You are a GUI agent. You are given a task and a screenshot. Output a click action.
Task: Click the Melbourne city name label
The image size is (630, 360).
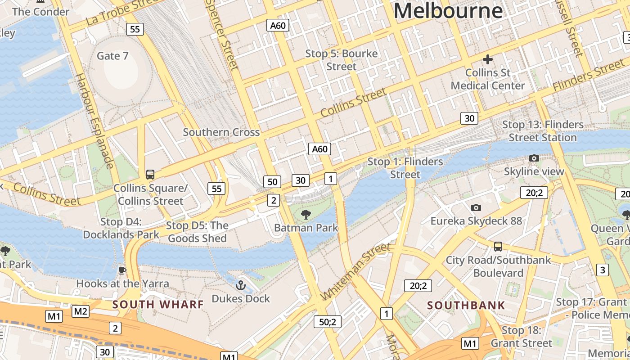click(448, 11)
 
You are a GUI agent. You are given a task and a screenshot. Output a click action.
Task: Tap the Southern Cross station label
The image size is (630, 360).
click(221, 132)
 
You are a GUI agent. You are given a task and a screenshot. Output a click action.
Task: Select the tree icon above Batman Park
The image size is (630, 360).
click(306, 215)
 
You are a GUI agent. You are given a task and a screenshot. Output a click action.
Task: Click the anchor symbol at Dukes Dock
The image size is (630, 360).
click(241, 285)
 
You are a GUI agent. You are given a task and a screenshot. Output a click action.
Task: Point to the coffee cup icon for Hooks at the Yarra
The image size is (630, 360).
click(122, 270)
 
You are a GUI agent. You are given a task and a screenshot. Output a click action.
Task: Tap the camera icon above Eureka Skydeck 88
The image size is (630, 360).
click(476, 207)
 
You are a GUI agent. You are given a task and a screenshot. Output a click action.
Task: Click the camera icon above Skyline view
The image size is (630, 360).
click(534, 158)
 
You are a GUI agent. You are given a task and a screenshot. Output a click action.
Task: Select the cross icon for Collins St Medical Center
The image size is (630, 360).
click(487, 59)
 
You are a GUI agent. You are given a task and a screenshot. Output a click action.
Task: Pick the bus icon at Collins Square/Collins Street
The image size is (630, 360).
click(150, 175)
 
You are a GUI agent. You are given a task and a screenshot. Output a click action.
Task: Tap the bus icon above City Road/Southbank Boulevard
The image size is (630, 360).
click(498, 247)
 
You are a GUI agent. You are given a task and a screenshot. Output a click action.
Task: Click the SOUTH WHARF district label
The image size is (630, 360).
click(158, 305)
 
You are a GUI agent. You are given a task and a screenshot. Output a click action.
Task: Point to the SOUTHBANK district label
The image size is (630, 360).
click(466, 306)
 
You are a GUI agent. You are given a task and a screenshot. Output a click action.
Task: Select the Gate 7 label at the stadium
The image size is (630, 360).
click(112, 56)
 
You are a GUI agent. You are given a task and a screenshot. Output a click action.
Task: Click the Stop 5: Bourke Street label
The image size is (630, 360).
click(342, 60)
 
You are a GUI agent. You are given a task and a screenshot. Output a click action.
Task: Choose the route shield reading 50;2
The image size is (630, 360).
click(327, 322)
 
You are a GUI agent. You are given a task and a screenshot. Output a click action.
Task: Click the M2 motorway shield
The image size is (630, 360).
click(81, 311)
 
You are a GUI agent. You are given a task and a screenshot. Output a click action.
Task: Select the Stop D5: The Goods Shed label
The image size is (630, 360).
click(197, 232)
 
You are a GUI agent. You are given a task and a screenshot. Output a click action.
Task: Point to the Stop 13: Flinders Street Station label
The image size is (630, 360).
click(543, 131)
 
